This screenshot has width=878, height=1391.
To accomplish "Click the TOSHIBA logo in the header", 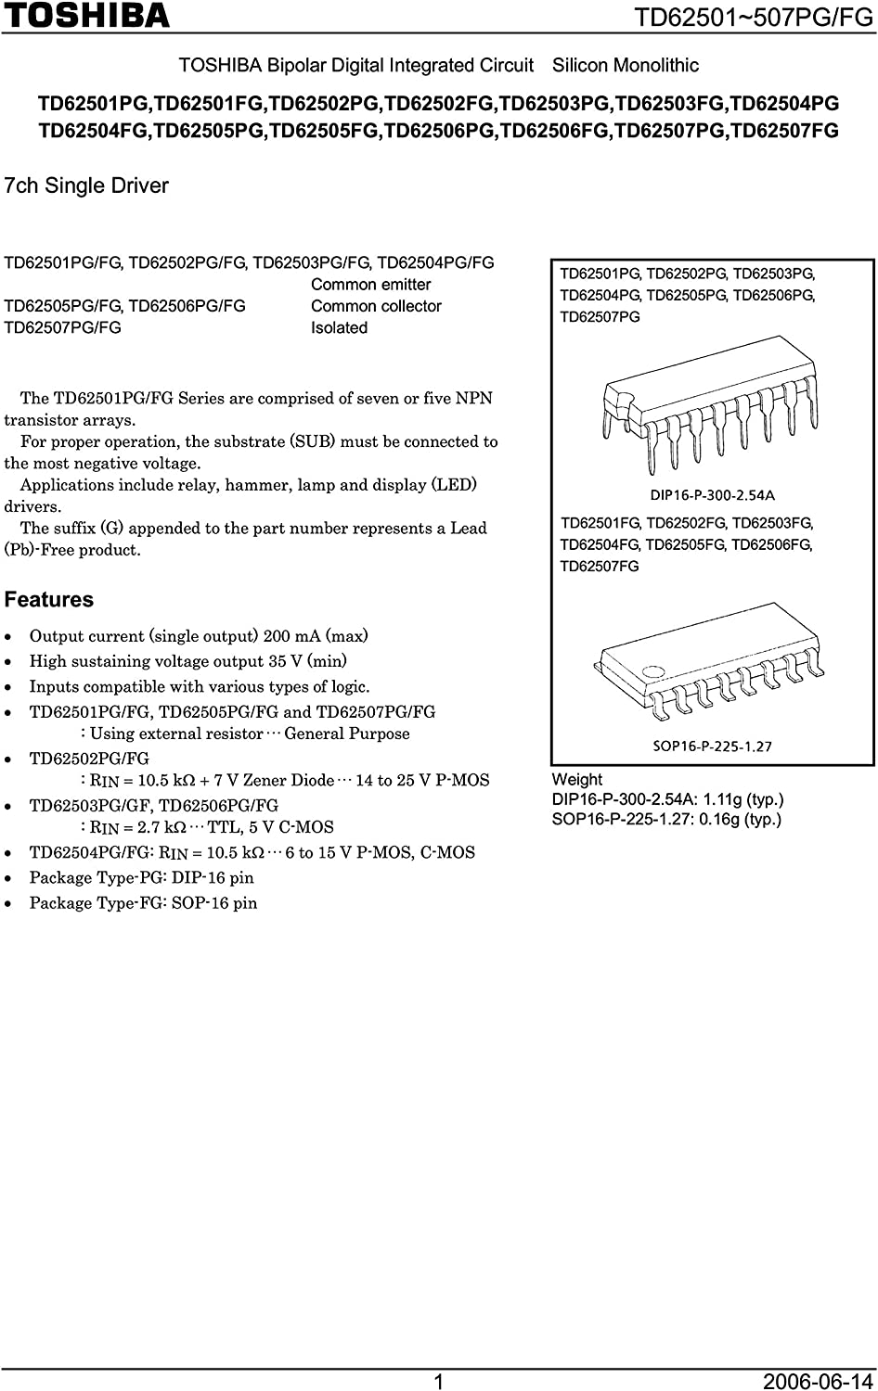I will pos(86,16).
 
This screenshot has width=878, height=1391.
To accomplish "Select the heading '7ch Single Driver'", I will pos(86,185).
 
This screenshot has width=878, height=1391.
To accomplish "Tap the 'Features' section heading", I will pos(49,600).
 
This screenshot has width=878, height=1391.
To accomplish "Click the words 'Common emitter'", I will pos(370,285).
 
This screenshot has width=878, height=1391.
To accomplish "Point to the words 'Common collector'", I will pos(376,306).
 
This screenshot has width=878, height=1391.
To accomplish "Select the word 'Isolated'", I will pos(339,327).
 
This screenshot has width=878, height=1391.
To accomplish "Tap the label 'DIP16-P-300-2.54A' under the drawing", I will pos(712,495).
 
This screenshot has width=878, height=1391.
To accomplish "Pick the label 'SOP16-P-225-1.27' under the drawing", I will pos(712,746).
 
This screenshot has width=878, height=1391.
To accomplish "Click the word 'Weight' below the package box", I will pos(576,780).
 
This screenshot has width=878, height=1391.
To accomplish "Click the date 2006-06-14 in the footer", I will pos(818,1382).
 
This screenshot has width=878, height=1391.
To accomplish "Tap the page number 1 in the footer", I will pos(439,1382).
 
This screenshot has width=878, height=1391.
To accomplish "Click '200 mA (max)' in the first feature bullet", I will pos(316,636).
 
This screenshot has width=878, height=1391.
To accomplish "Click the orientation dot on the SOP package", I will pos(655,670).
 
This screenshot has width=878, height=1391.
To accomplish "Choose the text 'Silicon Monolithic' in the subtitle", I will pos(626,66).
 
